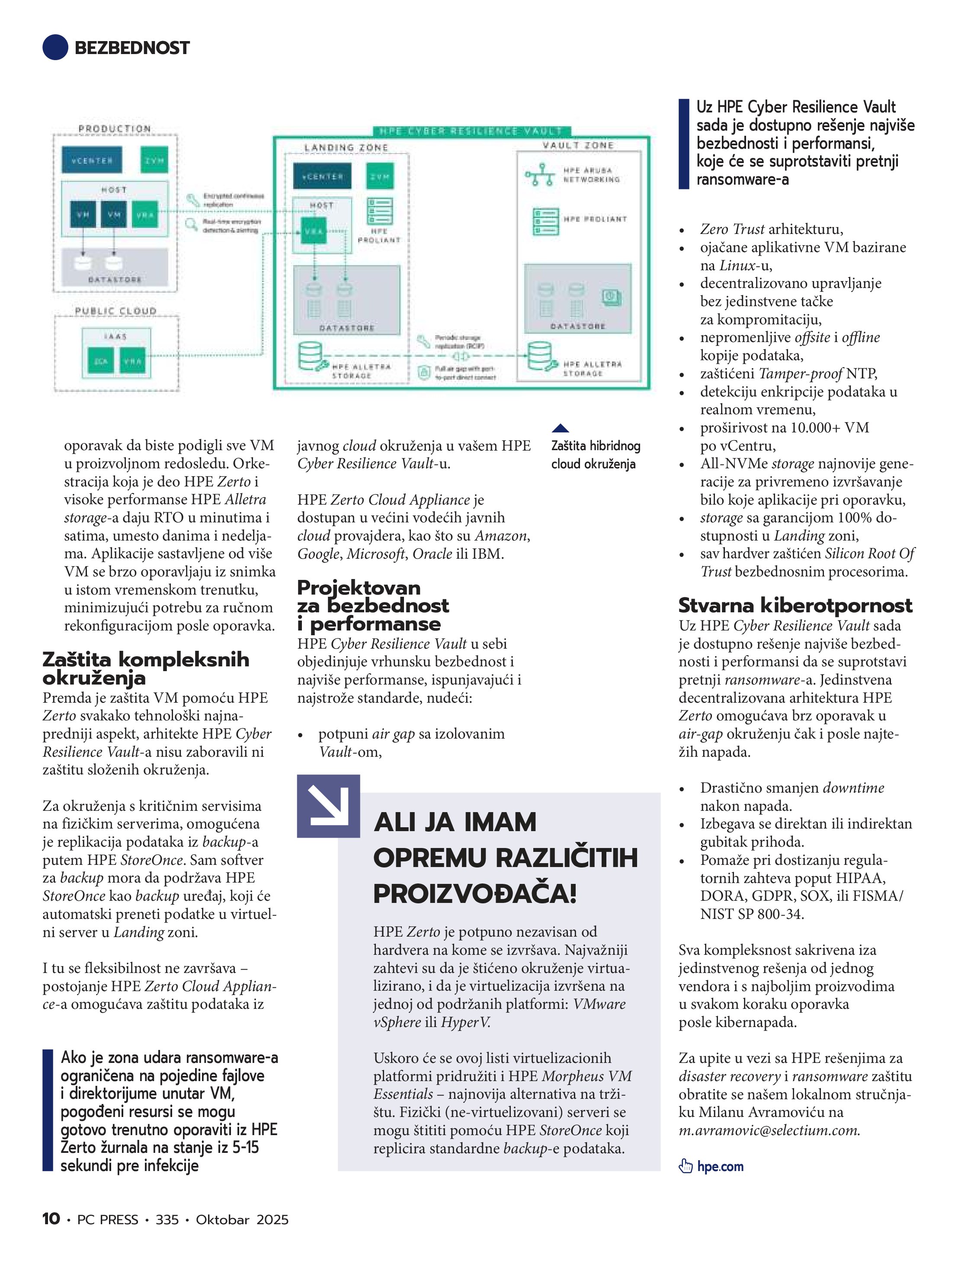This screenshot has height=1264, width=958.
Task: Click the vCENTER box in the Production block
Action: pos(91,160)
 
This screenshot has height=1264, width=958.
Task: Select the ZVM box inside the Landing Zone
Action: pos(380,176)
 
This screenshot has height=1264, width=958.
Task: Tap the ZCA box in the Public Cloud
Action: pos(101,361)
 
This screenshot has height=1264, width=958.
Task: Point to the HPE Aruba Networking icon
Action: pos(540,175)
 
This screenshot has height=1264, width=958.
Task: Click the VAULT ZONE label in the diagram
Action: pos(578,146)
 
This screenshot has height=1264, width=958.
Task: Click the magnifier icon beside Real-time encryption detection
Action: pos(191,224)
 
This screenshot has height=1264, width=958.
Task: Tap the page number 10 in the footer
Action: pos(51,1219)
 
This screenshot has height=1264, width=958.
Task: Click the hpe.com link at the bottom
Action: pos(720,1166)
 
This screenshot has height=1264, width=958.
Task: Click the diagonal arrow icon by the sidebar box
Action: pos(328,806)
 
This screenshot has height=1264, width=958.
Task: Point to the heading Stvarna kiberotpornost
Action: pos(795,605)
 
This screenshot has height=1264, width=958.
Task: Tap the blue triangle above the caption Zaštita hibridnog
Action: pos(560,428)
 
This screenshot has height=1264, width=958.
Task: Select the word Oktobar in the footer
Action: pos(222,1219)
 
